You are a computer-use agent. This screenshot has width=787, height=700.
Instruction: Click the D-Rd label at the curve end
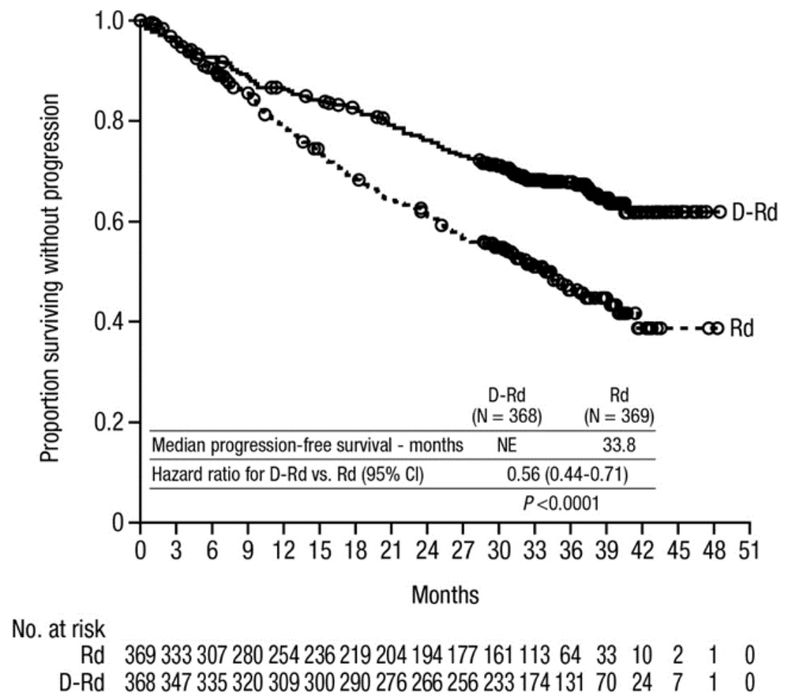click(x=754, y=212)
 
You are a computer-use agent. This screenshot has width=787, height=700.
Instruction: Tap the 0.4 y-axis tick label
click(x=113, y=322)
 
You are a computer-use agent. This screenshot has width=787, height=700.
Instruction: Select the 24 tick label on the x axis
click(x=427, y=550)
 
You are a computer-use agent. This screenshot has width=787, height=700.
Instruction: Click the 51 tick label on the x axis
click(x=749, y=550)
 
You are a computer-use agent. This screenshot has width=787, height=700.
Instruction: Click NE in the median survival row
click(x=507, y=446)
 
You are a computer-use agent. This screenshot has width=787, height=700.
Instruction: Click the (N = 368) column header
click(x=507, y=417)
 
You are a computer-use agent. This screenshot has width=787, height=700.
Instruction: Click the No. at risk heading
click(x=54, y=628)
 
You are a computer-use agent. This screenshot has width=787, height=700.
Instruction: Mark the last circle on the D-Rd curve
click(x=719, y=212)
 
